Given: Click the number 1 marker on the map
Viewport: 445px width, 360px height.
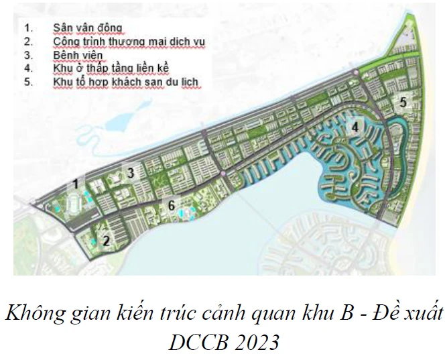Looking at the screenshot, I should [x=77, y=182].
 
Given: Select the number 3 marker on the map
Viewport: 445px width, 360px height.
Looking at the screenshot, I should [x=131, y=173].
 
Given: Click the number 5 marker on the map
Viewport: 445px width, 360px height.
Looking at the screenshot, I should [x=402, y=103].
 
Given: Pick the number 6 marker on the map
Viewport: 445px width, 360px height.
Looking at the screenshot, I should [x=172, y=206].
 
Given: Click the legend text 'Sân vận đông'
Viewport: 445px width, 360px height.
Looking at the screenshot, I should [x=88, y=28].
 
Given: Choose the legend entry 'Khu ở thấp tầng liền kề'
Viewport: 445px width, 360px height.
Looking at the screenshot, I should [x=111, y=68].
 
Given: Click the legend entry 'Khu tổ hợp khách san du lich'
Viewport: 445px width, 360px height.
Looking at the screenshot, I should [x=127, y=82].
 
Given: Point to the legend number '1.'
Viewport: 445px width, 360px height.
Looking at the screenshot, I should [x=27, y=28].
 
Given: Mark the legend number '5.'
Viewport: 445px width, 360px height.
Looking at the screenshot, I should [x=27, y=82].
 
